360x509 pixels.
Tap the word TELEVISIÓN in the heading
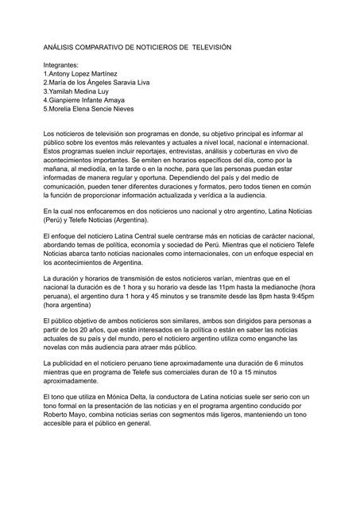[209, 49]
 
